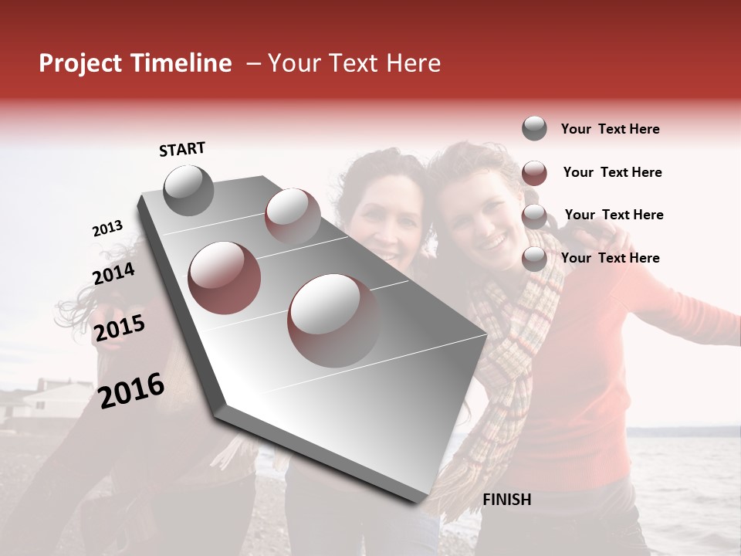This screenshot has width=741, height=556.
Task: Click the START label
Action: pos(182,149)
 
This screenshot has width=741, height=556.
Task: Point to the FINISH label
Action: pos(506,500)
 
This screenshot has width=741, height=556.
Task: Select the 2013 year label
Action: pos(107,229)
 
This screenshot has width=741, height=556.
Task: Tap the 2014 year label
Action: pos(113,273)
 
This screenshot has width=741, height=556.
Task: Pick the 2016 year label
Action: pos(131,390)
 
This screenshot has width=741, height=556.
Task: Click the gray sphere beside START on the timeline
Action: pos(188,190)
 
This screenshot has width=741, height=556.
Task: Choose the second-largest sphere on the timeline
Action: pos(224,277)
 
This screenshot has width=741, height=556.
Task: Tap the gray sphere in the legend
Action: pos(534,129)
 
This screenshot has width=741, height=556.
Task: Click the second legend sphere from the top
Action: pos(534,173)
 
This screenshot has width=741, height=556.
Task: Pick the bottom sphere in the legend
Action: pos(534,259)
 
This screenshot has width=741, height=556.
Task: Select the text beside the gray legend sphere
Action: pos(610,129)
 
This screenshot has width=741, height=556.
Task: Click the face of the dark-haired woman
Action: pos(384,220)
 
